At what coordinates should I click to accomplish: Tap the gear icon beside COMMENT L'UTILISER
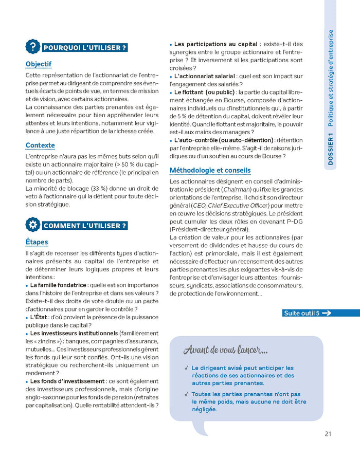coord(33,225)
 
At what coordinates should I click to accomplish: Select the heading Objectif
coord(39,64)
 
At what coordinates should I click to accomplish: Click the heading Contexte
coord(40,145)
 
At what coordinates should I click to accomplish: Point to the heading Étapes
coord(37,242)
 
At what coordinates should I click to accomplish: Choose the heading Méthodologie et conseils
coord(210,170)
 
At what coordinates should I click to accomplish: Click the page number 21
coord(328,434)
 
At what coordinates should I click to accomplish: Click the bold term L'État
coord(39,317)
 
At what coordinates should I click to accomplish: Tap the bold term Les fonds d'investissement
coord(67,381)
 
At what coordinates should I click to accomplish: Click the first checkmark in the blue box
coord(186,368)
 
